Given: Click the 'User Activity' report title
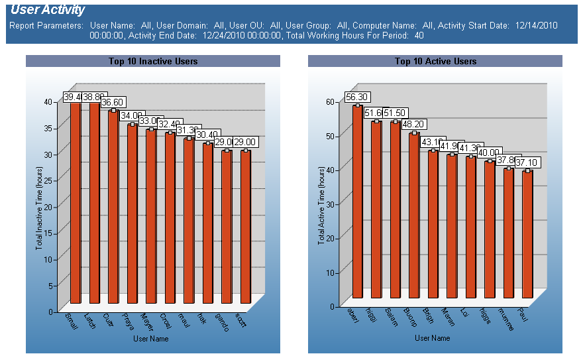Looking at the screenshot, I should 48,10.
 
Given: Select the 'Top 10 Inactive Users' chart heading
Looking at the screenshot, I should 153,61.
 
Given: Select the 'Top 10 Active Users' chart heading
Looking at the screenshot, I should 435,61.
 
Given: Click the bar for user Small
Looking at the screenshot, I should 76,199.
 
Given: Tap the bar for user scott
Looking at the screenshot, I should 246,225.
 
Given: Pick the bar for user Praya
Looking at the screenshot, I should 133,212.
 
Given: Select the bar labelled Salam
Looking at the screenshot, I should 396,209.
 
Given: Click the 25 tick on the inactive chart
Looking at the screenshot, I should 48,180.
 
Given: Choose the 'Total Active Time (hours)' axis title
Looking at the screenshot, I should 321,206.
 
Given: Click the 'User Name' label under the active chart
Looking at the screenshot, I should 432,338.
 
